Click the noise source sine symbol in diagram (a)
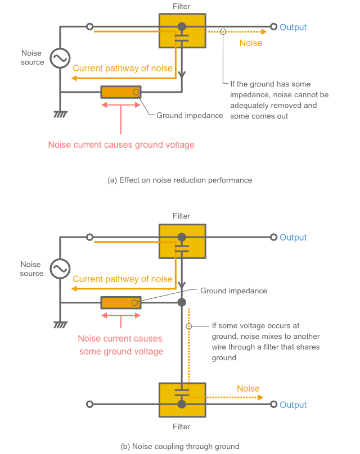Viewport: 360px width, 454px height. (60, 58)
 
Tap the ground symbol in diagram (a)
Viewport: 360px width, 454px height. (60, 114)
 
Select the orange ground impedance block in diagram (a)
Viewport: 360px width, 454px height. (121, 92)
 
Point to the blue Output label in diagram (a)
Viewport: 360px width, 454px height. (293, 27)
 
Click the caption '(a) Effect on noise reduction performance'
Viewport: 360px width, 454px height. (179, 180)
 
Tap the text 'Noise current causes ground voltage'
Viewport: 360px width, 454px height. (121, 144)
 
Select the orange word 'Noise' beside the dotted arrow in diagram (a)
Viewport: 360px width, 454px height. (251, 42)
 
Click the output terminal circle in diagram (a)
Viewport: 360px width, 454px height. (273, 27)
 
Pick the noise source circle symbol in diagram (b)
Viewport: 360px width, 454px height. (60, 269)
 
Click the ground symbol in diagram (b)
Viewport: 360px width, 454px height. (60, 324)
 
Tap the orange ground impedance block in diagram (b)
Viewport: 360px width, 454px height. (121, 302)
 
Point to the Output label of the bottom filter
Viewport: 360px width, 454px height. (293, 405)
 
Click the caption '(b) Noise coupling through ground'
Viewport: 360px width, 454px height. (179, 446)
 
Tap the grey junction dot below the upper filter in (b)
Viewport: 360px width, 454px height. (182, 302)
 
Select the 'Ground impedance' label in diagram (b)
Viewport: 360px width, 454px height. (233, 290)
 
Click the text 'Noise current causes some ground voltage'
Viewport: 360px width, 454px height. (120, 345)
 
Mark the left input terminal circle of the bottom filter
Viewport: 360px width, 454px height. (89, 405)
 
